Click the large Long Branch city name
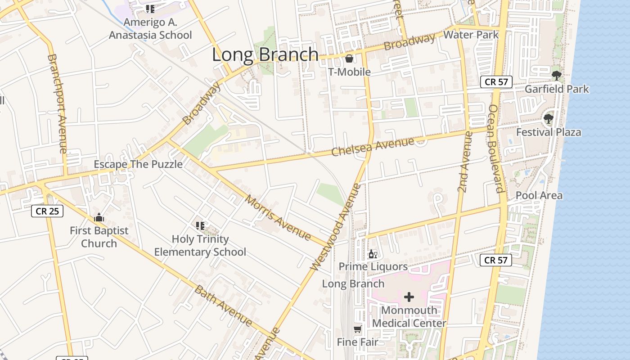[x=265, y=54]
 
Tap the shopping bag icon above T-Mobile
[x=349, y=58]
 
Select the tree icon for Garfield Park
[x=556, y=75]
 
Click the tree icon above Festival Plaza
[x=548, y=119]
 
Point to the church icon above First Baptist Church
[x=99, y=218]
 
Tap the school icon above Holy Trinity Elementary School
[x=200, y=226]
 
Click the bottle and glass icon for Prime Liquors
[x=373, y=254]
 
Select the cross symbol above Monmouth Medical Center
[x=409, y=297]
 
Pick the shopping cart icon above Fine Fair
[x=357, y=329]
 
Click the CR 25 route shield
[x=47, y=211]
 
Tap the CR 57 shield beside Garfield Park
[x=496, y=82]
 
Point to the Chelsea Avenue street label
[x=372, y=147]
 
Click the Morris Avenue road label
[x=278, y=218]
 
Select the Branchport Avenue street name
[x=58, y=103]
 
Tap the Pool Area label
[x=539, y=195]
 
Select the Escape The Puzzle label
[x=138, y=164]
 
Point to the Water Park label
[x=471, y=35]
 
